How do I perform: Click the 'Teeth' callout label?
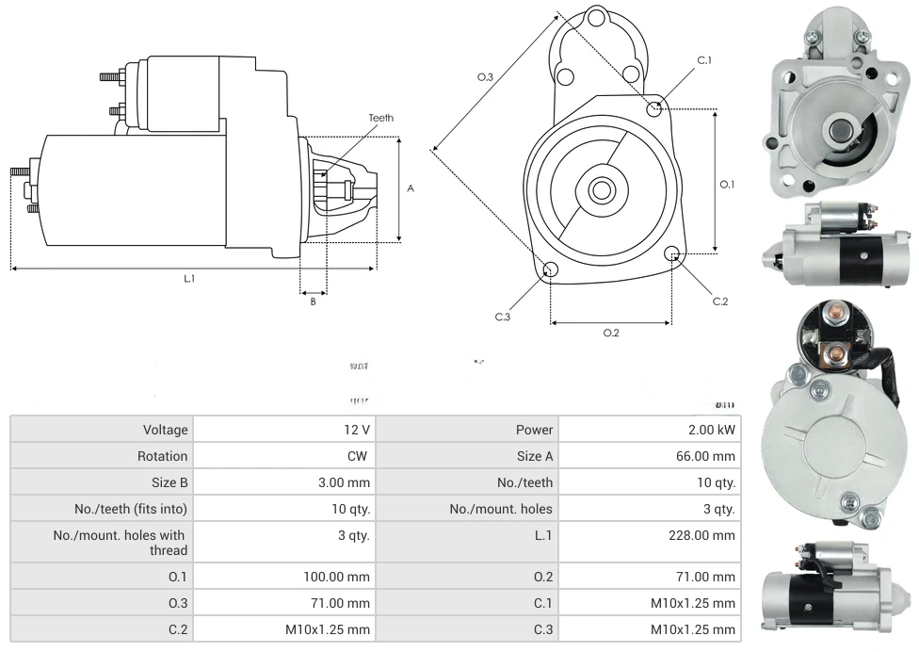[x=380, y=118]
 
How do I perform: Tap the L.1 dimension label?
[x=189, y=278]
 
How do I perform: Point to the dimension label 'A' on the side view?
[x=411, y=188]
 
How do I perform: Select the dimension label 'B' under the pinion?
[x=314, y=302]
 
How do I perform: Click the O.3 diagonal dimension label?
[x=486, y=77]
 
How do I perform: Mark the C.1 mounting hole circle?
[x=654, y=108]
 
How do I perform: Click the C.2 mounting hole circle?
[x=672, y=254]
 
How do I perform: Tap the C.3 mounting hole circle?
[x=551, y=271]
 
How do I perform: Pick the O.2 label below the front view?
[x=611, y=333]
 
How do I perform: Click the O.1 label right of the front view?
[x=727, y=185]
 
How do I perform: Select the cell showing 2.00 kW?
[x=713, y=430]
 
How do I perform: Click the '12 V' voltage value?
[x=357, y=430]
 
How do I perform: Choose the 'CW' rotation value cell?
[x=360, y=456]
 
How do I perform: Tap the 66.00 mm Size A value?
[x=711, y=456]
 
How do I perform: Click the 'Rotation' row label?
[x=163, y=456]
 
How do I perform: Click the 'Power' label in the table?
[x=534, y=430]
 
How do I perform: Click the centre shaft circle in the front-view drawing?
[x=601, y=189]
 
